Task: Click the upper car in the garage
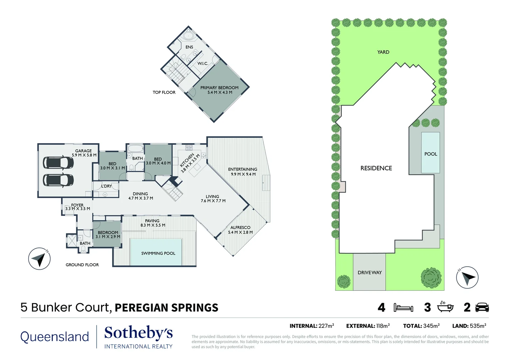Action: coord(58,163)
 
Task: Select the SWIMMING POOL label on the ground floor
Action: coord(158,253)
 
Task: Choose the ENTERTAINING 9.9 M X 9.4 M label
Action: coord(243,172)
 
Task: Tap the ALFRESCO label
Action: coord(240,230)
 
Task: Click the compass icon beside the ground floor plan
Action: coord(39,259)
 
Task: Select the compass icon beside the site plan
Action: coord(467,277)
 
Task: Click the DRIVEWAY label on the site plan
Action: coord(370,273)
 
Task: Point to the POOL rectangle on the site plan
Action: coord(430,153)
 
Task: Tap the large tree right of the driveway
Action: coord(431,278)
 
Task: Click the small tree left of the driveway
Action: coord(344,282)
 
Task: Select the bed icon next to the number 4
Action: coord(403,308)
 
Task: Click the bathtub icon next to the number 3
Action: coord(445,307)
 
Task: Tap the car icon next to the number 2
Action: coord(482,307)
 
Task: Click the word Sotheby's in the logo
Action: coord(139,333)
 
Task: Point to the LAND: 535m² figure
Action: coord(469,326)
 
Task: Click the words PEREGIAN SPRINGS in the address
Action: coord(166,308)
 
